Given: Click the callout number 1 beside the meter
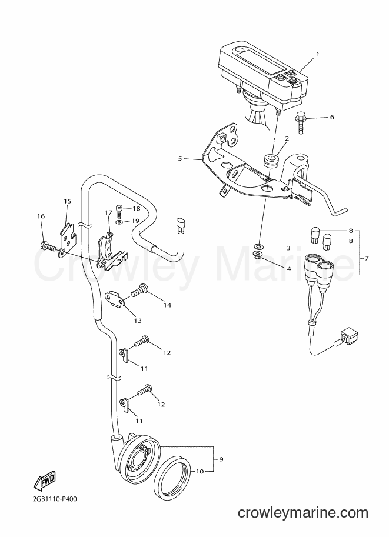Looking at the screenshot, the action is click(317, 55).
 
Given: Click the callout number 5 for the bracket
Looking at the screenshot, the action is click(179, 159).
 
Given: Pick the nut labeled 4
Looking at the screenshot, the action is click(260, 255).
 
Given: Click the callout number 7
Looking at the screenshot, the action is click(367, 258).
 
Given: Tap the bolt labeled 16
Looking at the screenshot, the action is click(46, 246).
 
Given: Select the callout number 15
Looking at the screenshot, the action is click(68, 201).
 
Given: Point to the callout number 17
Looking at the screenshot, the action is click(109, 213).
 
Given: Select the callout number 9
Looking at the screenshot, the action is click(221, 459).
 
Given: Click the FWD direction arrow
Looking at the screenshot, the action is click(44, 480).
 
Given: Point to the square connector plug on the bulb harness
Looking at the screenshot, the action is click(347, 336).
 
